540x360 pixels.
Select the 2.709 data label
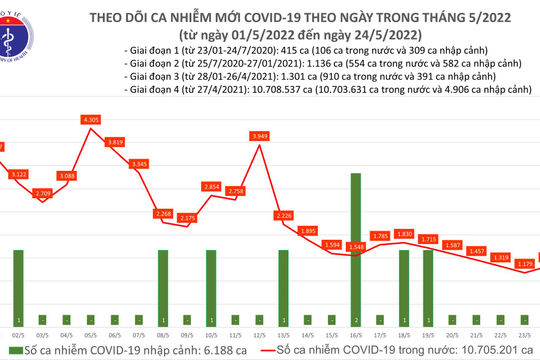43,192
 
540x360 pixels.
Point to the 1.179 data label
523,264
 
